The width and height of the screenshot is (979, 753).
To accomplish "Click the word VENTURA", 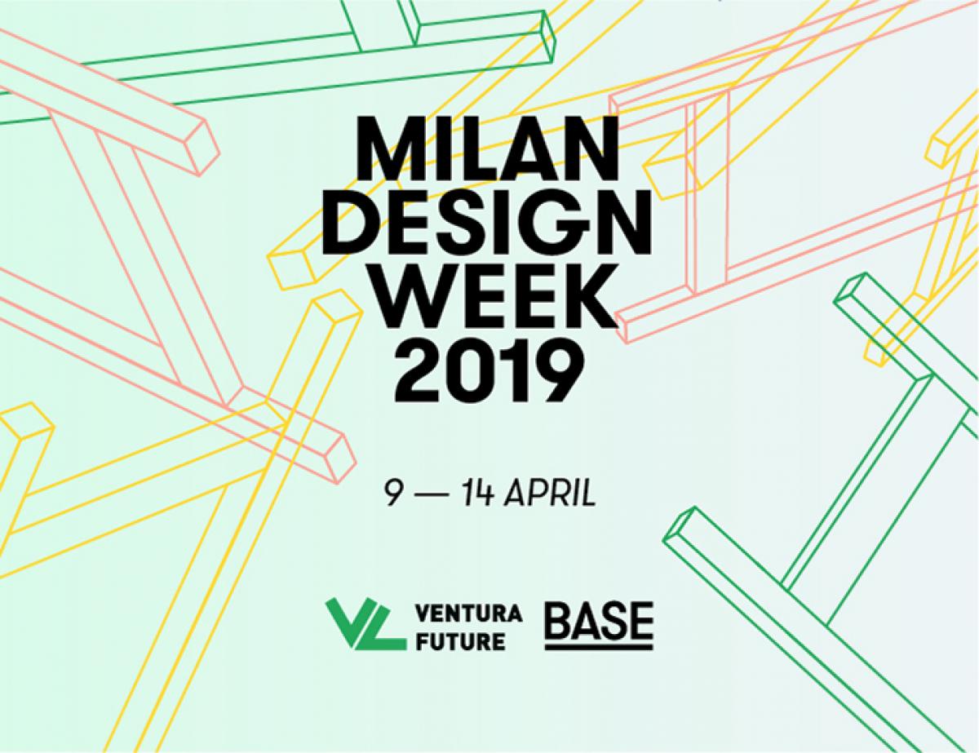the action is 469,613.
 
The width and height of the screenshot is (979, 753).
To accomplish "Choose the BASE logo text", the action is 599,619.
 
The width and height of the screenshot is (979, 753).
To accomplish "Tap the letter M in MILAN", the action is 391,148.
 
